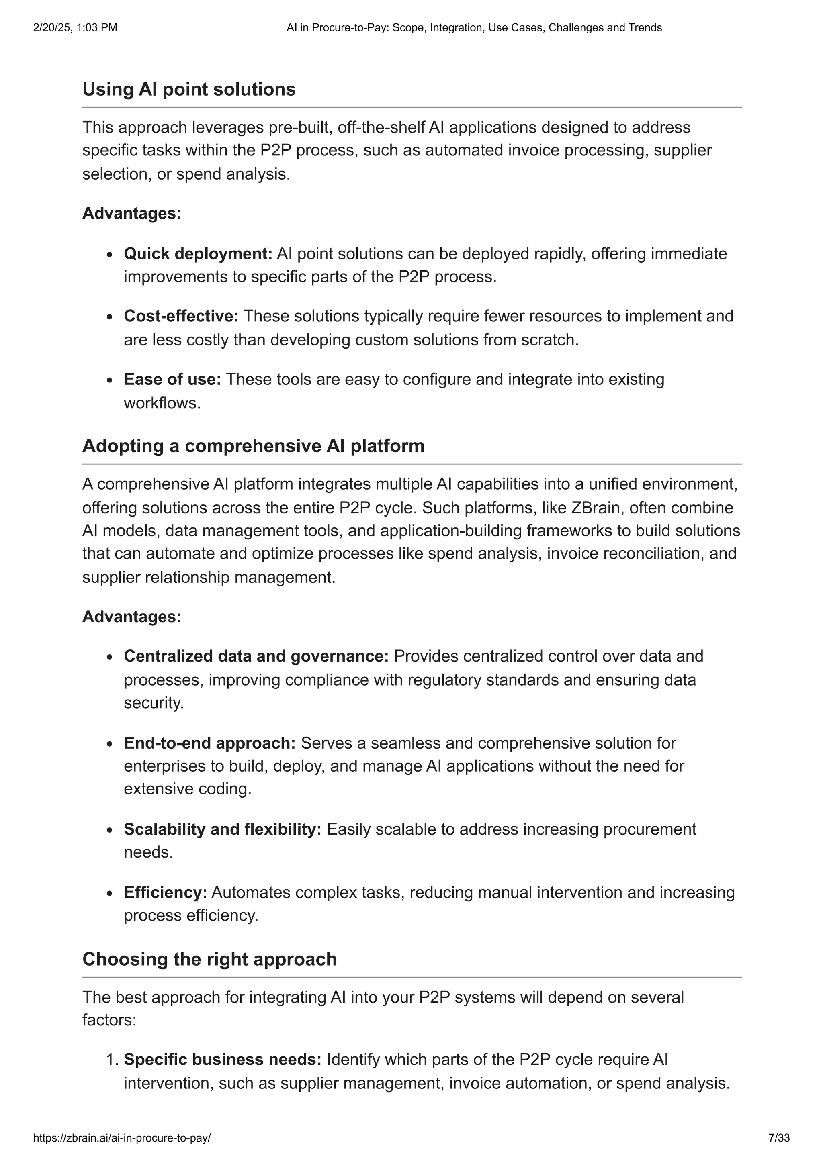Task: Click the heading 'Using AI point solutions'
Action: coord(188,89)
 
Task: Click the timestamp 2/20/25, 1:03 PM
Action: coord(75,28)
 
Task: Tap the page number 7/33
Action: coord(779,1138)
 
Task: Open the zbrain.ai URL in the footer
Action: coord(122,1138)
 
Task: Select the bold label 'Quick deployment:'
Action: coord(198,253)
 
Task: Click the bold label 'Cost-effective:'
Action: coord(181,316)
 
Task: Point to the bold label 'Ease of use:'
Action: coord(172,379)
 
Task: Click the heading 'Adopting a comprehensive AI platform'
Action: coord(253,446)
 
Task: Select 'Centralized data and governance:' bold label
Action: coord(256,656)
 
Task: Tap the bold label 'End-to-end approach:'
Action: coord(209,743)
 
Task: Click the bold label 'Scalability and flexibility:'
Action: coord(223,829)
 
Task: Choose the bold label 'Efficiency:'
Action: coord(165,892)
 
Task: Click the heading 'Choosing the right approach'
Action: coord(209,959)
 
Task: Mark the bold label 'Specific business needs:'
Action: coord(223,1060)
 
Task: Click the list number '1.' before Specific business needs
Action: coord(113,1060)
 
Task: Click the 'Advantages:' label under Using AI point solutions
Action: coord(132,213)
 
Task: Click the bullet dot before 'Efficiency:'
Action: coord(110,893)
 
